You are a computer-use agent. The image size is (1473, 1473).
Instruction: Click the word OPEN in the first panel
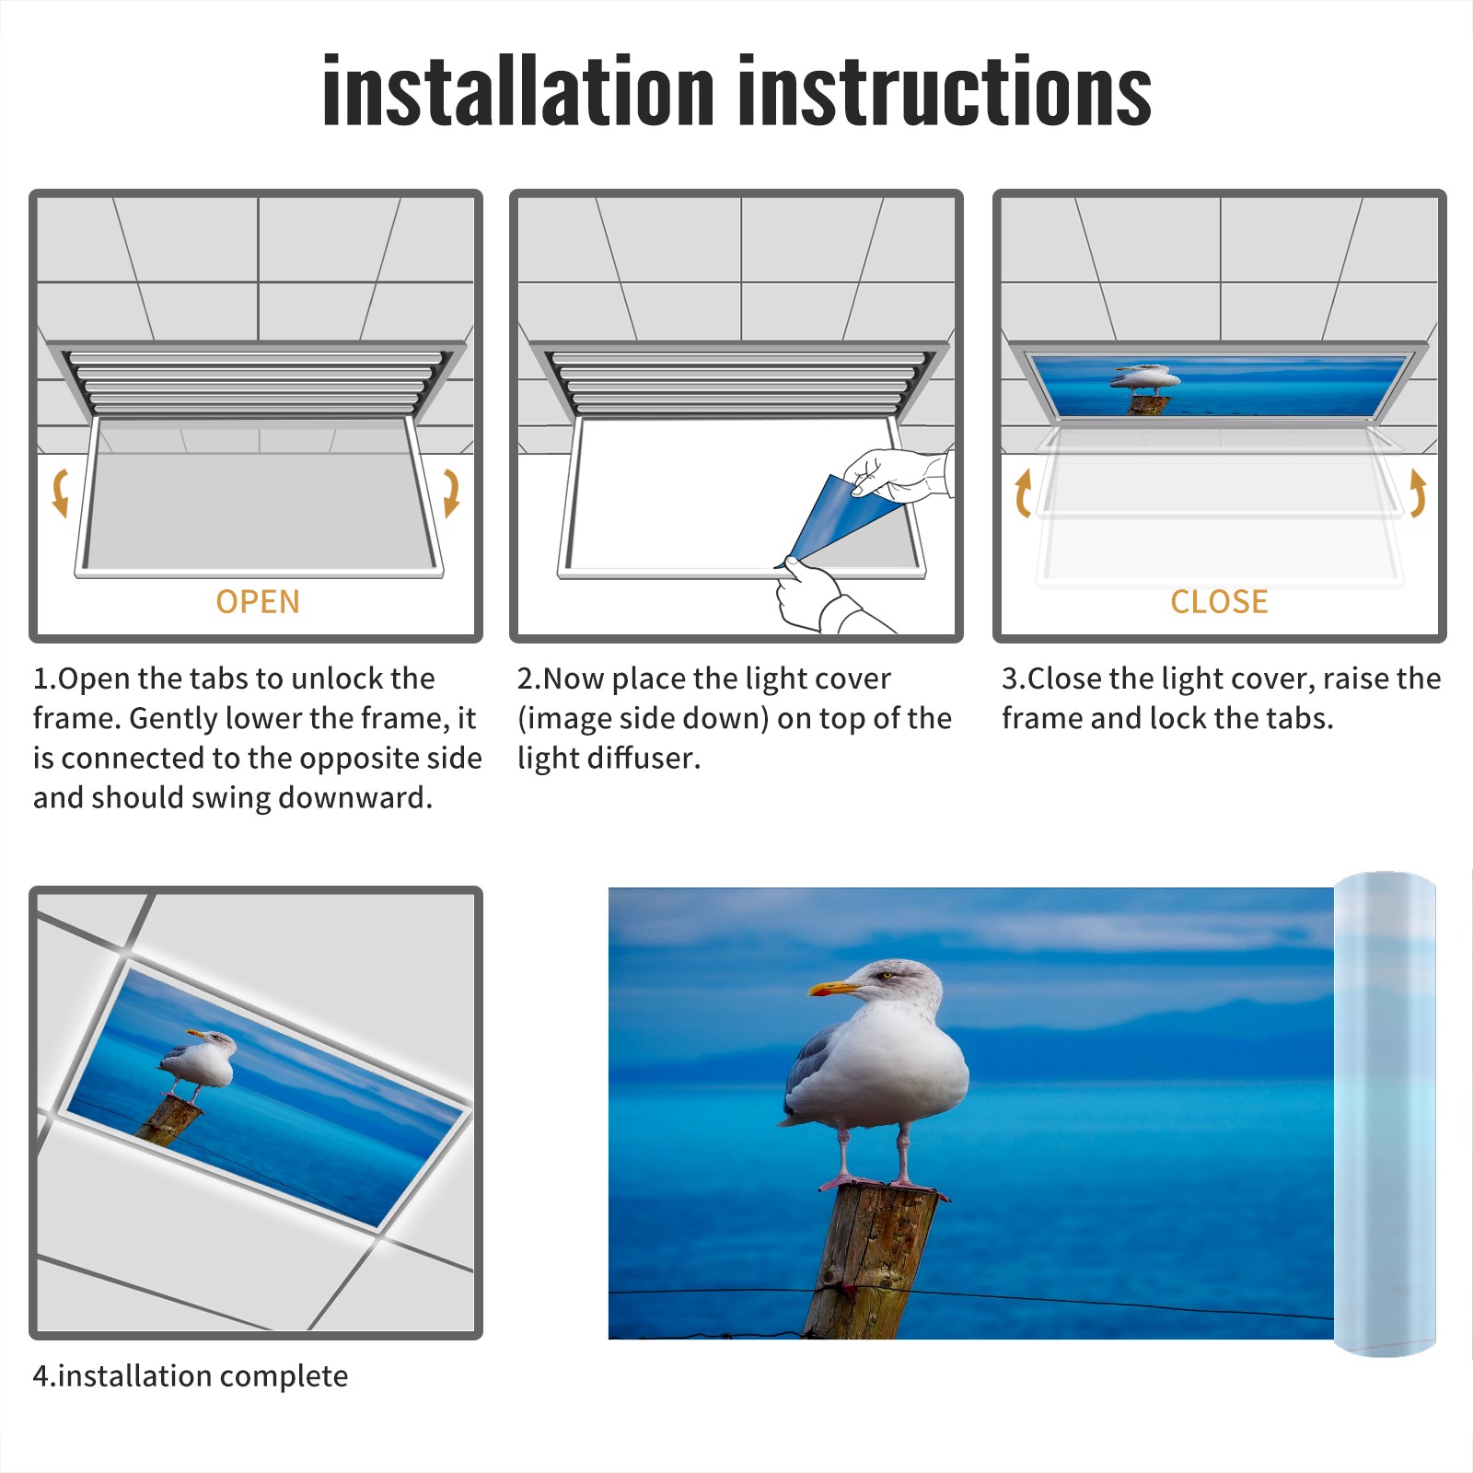tap(258, 602)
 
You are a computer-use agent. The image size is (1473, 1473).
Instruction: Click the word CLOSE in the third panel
tap(1219, 602)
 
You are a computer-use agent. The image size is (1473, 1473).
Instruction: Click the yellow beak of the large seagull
tap(834, 989)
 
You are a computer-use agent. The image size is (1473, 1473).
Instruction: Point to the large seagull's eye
tap(887, 975)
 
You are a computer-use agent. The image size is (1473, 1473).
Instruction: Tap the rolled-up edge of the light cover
tap(1385, 1114)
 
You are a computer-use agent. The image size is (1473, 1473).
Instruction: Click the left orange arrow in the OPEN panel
tap(59, 493)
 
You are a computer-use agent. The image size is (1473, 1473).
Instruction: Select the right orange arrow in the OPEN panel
tap(452, 493)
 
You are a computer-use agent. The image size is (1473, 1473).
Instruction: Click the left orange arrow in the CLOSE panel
tap(1022, 493)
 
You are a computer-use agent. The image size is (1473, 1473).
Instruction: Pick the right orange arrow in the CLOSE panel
tap(1419, 493)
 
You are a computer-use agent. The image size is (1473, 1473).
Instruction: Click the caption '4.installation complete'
tap(191, 1375)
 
